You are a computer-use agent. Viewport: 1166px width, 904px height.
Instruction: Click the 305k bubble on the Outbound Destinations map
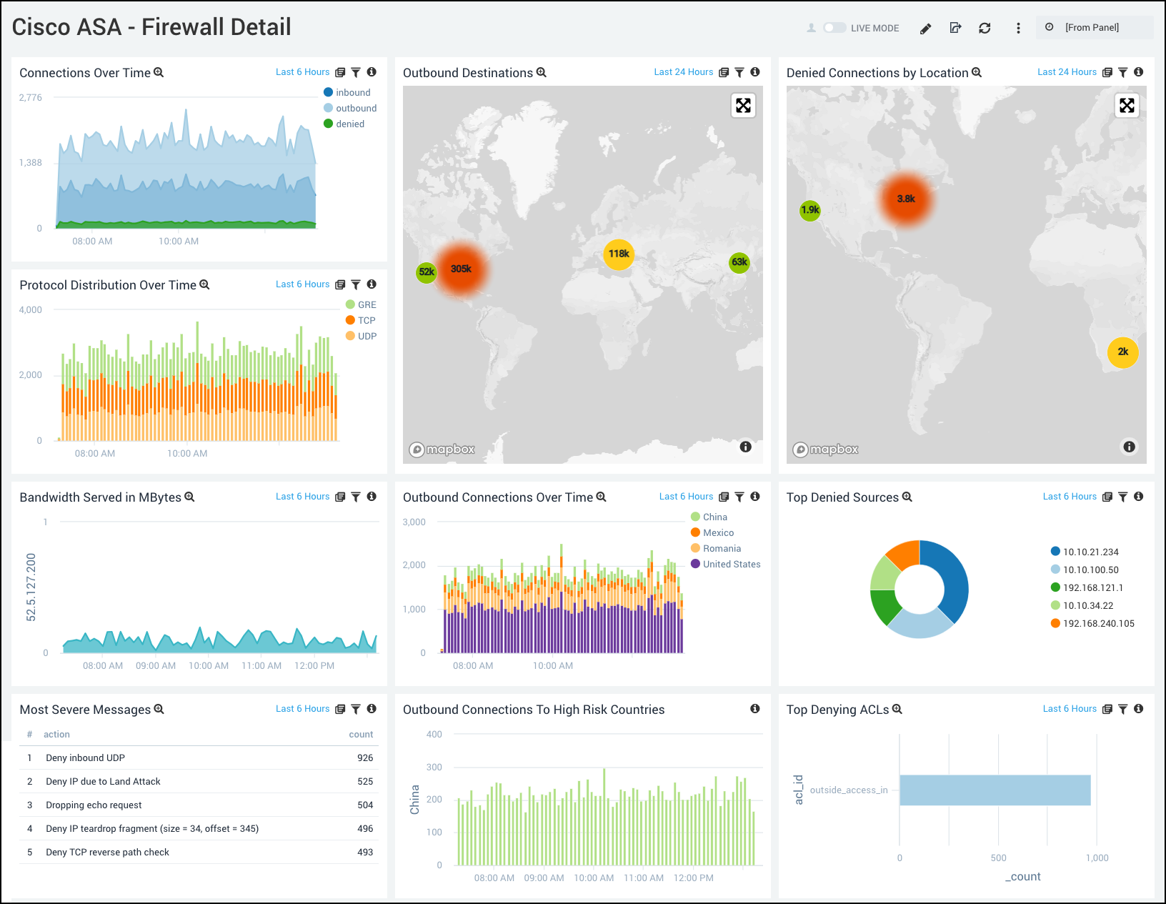[x=462, y=269]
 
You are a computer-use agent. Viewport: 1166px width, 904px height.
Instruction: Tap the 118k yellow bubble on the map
[x=619, y=254]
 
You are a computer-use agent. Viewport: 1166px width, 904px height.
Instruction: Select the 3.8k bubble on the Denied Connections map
[x=906, y=199]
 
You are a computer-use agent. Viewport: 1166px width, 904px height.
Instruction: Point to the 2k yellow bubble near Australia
[x=1122, y=352]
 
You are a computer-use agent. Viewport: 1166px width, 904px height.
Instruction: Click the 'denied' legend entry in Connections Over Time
[x=349, y=124]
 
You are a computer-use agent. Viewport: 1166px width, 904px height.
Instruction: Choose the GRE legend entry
[x=367, y=305]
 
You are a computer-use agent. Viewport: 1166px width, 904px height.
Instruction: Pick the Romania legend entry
[x=721, y=549]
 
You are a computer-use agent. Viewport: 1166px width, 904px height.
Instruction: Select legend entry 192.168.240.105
[x=1097, y=624]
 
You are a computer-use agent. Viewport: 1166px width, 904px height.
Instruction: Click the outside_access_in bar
[x=995, y=790]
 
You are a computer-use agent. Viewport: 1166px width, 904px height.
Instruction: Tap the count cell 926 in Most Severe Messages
[x=365, y=758]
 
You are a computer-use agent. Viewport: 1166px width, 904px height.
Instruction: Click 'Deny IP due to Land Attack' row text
[x=103, y=782]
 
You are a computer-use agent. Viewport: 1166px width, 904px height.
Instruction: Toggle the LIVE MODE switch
[x=834, y=28]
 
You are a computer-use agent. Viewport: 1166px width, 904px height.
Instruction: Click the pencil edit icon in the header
[x=925, y=29]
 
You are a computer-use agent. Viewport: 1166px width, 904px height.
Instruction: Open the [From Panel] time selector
[x=1091, y=28]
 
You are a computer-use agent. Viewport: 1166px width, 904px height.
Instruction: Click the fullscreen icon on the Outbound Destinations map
[x=743, y=106]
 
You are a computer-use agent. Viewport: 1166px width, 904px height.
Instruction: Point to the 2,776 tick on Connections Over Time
[x=31, y=98]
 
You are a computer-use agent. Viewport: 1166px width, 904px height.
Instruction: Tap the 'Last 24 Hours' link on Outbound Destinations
[x=683, y=72]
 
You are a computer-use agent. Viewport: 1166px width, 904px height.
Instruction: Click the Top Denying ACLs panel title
[x=837, y=710]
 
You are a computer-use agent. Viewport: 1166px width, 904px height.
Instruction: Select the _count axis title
[x=1023, y=877]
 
